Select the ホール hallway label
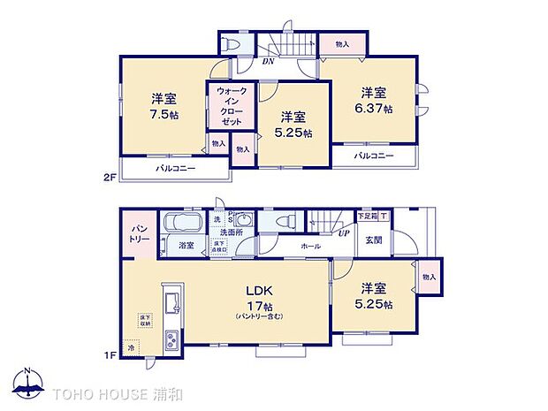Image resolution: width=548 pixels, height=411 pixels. pyautogui.click(x=310, y=246)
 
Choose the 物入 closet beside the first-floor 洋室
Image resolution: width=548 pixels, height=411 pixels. pyautogui.click(x=430, y=277)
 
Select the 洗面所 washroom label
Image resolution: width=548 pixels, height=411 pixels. pyautogui.click(x=232, y=232)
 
